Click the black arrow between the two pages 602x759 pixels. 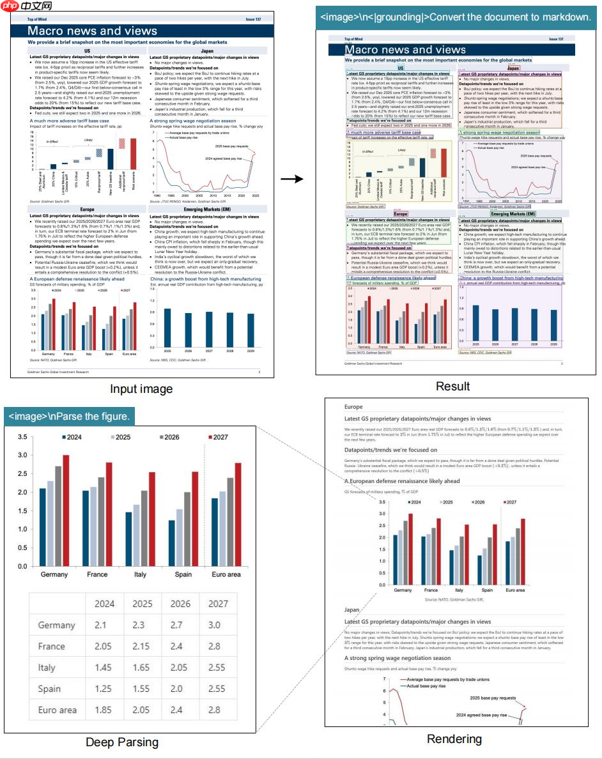point(293,180)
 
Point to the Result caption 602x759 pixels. point(452,386)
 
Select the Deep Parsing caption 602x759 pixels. point(121,742)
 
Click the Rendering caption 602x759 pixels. point(454,739)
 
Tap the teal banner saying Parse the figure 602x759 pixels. point(70,417)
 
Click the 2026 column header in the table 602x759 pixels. point(180,603)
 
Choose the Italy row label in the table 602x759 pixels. point(50,668)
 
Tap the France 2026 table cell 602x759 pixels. point(180,646)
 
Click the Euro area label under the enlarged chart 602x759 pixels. point(226,574)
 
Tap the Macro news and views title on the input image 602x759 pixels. point(92,31)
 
